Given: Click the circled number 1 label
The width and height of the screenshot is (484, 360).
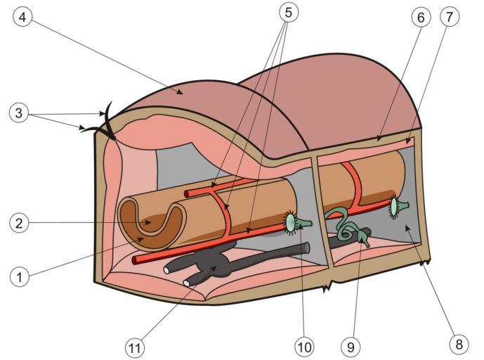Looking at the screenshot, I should click(20, 276).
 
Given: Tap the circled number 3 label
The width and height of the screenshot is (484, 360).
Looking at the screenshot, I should click(20, 112).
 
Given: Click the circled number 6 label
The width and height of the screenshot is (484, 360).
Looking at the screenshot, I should click(421, 17).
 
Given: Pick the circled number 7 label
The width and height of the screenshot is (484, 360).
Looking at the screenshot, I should click(451, 17).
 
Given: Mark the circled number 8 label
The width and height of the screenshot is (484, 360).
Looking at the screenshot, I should click(459, 345).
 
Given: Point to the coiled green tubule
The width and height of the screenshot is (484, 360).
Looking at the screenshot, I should click(339, 224).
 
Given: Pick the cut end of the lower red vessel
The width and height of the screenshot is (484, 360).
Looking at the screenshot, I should click(136, 260).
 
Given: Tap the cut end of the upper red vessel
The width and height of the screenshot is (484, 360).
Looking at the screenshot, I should click(187, 192).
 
